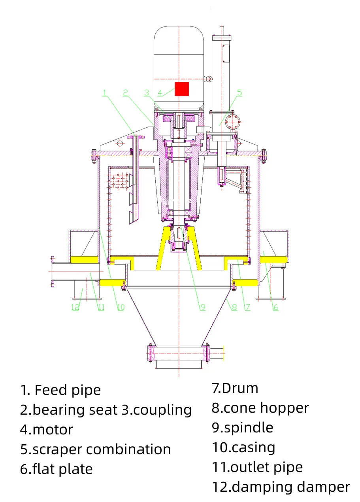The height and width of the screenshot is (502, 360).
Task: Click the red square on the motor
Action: coord(182,89)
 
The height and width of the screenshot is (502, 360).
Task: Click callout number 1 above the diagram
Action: coord(105,92)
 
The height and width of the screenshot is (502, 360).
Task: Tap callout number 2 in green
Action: coord(125,92)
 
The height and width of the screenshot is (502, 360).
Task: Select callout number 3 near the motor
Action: coord(147,92)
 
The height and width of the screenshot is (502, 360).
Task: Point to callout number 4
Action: coord(160,93)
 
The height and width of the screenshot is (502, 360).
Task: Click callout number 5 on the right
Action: coord(239,92)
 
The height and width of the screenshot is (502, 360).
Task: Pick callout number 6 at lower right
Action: coord(275,307)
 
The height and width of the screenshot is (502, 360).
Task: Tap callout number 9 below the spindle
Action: coord(203,307)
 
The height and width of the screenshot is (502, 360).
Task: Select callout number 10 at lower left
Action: coord(121,307)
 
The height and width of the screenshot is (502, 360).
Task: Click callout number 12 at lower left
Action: coord(75,307)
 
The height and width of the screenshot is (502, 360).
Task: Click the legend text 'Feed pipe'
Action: coord(68,390)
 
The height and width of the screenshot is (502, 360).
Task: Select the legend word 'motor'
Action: coord(53,429)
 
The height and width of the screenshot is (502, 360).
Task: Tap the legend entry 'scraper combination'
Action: coord(102,449)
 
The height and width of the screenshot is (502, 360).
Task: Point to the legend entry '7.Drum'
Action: coord(235,388)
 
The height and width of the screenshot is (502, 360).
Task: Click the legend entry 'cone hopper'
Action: coord(266,408)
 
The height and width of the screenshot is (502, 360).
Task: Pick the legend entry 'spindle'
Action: coord(248,427)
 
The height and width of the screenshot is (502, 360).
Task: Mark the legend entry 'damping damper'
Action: coord(290,487)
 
